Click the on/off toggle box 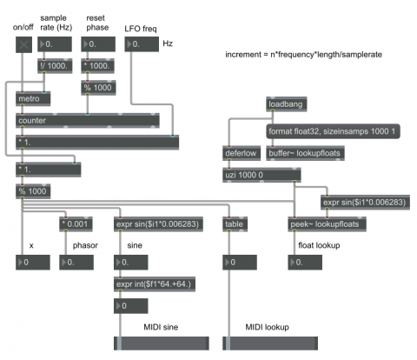[23, 44]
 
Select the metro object [33, 99]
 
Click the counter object [88, 121]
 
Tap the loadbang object [287, 104]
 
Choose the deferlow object [242, 153]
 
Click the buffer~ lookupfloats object [305, 153]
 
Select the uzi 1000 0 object [261, 175]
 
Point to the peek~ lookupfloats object [327, 224]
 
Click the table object [235, 224]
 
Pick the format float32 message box [333, 131]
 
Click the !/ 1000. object [55, 66]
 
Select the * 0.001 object [76, 224]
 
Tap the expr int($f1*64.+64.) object [155, 284]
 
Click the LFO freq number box [142, 44]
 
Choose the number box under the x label [33, 263]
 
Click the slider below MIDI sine [162, 343]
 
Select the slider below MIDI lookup [270, 343]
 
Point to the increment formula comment [303, 55]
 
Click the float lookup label [319, 245]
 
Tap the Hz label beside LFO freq [168, 43]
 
